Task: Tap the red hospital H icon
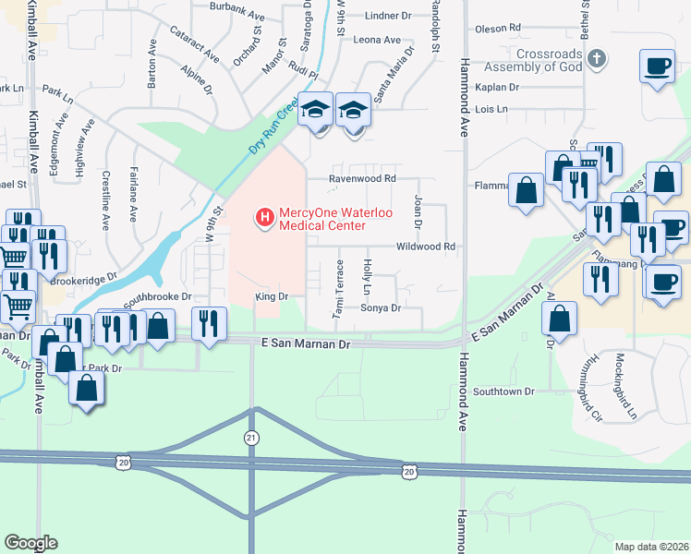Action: [x=265, y=218]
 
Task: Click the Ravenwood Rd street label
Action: [x=364, y=178]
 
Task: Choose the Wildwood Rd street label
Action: [x=426, y=247]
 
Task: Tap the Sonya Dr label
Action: [x=381, y=307]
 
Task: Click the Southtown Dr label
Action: [x=504, y=391]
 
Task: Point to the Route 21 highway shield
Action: [x=251, y=437]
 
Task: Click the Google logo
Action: [x=31, y=543]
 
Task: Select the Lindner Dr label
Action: [x=388, y=16]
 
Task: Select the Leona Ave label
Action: [x=378, y=40]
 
